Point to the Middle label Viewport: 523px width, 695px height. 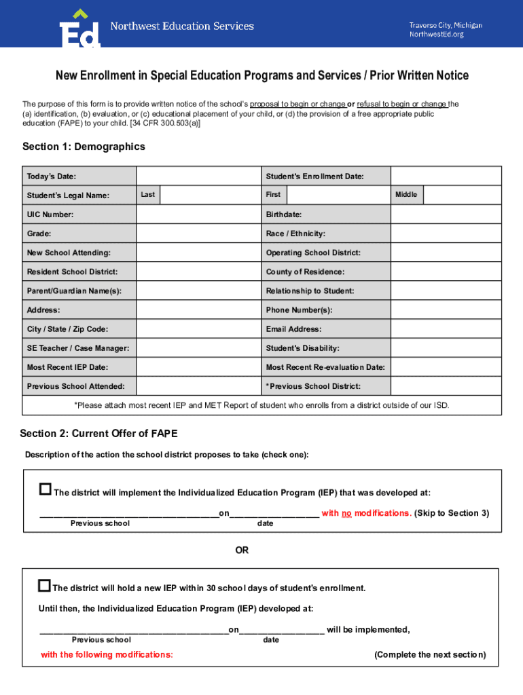click(x=406, y=195)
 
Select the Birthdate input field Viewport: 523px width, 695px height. click(x=446, y=214)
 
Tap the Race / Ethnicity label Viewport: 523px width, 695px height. click(x=295, y=233)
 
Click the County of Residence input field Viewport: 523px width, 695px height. click(x=446, y=271)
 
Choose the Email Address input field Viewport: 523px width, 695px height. click(x=446, y=329)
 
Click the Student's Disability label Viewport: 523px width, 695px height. click(x=302, y=348)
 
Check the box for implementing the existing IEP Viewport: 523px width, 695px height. click(x=46, y=489)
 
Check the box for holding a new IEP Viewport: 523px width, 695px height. click(x=45, y=585)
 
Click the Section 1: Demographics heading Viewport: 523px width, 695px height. click(x=84, y=147)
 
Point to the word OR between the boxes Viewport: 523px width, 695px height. click(x=242, y=550)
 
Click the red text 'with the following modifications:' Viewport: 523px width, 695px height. click(x=107, y=655)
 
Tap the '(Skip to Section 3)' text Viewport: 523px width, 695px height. click(x=451, y=513)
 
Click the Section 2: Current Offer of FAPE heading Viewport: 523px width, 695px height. click(x=98, y=434)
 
